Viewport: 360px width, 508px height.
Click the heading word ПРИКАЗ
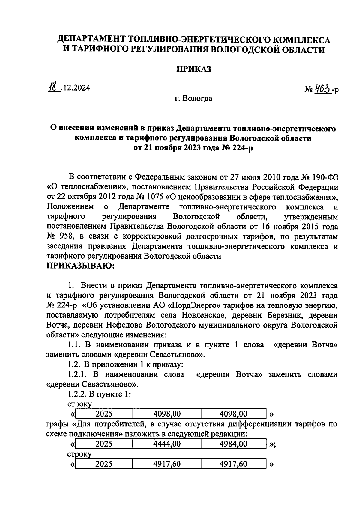[x=193, y=69]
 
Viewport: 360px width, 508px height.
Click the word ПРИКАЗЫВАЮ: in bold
[x=80, y=266]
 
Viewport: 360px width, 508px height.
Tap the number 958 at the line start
[x=67, y=236]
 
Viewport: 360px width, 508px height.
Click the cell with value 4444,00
[x=167, y=444]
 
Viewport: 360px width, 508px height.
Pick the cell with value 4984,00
[x=233, y=444]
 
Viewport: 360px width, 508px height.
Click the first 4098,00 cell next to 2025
[x=167, y=414]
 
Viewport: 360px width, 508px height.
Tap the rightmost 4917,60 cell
[x=233, y=464]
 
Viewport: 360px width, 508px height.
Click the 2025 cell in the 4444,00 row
[x=104, y=444]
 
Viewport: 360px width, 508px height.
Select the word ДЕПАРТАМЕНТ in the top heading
[x=92, y=39]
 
